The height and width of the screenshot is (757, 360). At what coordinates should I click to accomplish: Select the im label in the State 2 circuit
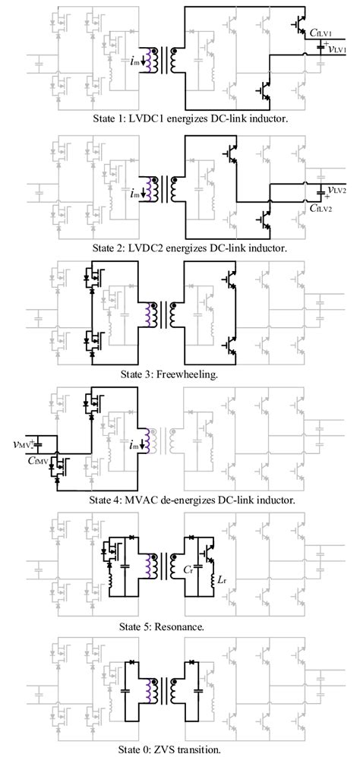click(x=134, y=194)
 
